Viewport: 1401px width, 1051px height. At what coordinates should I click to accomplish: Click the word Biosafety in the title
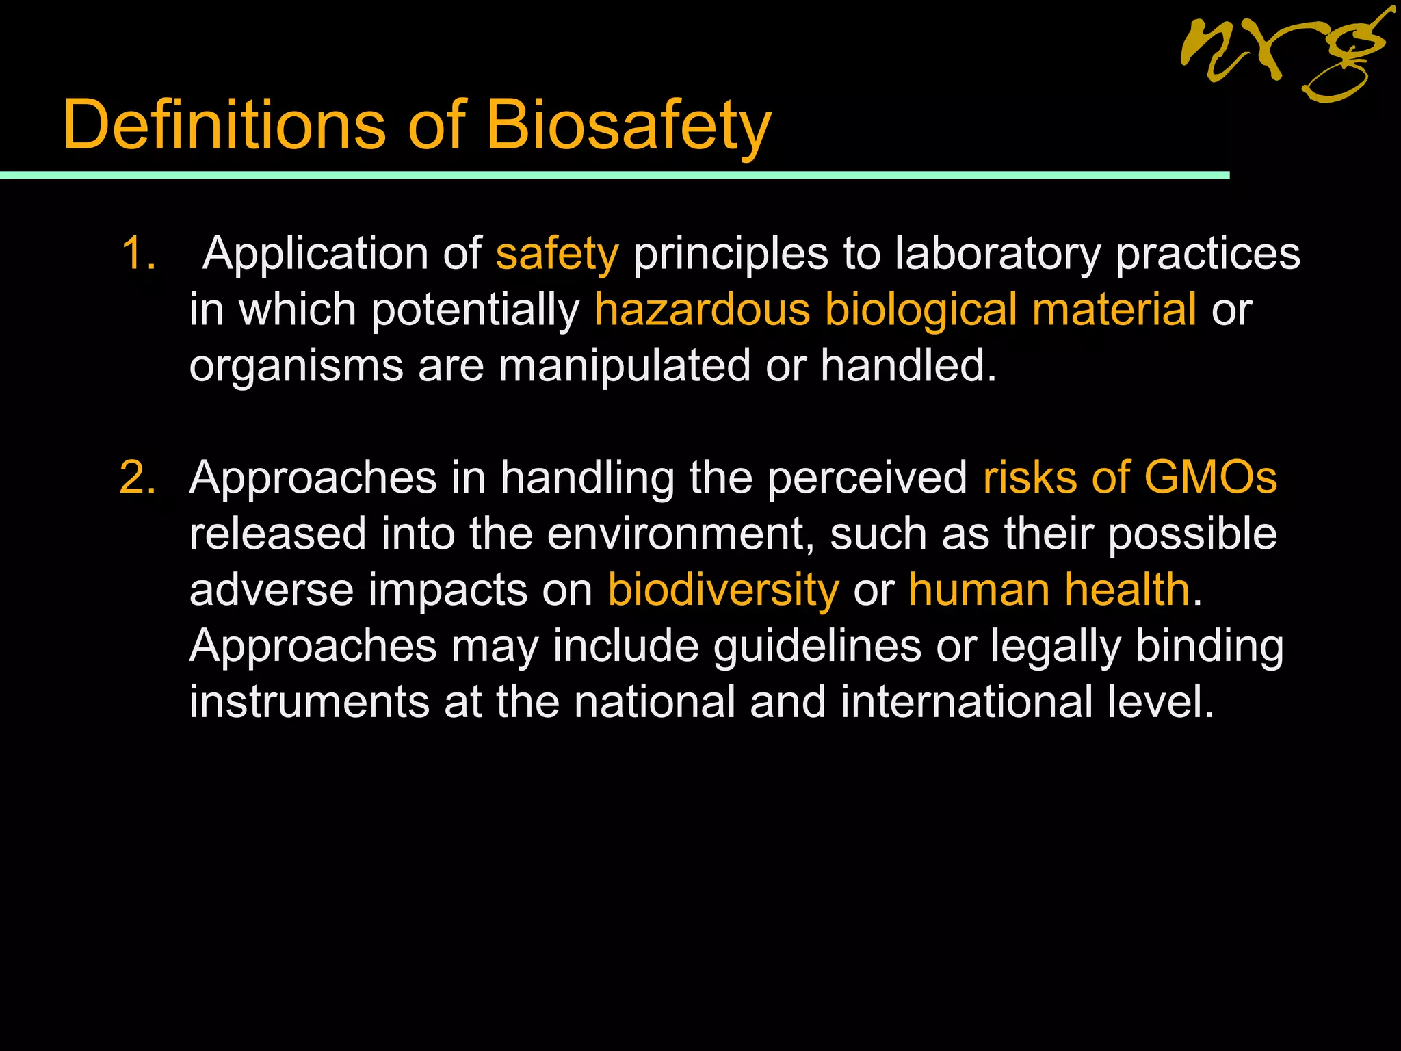tap(628, 125)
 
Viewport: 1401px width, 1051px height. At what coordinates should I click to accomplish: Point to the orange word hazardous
tap(702, 310)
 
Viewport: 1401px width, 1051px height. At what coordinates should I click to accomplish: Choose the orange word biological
tap(921, 310)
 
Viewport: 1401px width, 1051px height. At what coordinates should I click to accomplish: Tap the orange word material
tap(1114, 310)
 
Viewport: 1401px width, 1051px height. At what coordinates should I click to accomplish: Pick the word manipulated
tap(624, 366)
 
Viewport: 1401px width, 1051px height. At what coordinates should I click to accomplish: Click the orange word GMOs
tap(1210, 478)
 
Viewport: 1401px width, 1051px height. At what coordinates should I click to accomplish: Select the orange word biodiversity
tap(723, 590)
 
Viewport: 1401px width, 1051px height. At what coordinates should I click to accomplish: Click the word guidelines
tap(817, 646)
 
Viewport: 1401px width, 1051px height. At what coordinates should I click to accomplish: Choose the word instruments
tap(309, 702)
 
